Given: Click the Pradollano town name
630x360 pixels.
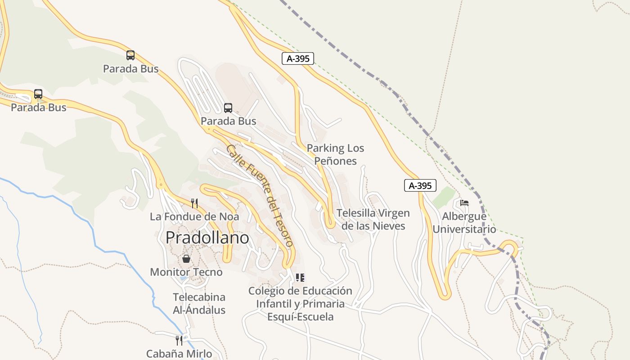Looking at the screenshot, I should point(207,238).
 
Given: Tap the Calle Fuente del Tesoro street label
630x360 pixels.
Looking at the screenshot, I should point(260,196).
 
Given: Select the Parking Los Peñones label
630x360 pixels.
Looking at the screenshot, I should point(335,154).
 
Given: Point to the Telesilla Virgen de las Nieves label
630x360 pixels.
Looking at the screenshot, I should point(373,219).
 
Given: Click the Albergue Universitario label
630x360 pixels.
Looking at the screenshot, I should point(464,223).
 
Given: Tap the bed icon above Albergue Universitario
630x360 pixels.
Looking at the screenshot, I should point(464,203).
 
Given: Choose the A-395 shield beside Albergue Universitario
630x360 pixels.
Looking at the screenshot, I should point(420,185).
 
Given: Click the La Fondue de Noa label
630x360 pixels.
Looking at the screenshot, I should point(194,216).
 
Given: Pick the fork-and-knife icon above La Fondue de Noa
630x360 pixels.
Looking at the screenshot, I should point(194,203).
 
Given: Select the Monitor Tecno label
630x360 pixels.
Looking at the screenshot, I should point(186,272).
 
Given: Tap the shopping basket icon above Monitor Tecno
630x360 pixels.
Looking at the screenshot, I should point(186,259).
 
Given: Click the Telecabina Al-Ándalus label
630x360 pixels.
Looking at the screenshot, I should point(199,304).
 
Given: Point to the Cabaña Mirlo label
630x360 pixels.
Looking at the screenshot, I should point(179,354).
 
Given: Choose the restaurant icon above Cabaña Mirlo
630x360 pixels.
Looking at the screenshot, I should point(179,340).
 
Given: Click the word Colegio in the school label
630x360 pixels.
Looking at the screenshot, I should point(266,291).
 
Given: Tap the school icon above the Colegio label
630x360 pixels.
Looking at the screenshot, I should point(300,278).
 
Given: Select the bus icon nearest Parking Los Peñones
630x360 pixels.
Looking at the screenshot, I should point(228,108).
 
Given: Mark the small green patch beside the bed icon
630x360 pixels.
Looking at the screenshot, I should point(445,197).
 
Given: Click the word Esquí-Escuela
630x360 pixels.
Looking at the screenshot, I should point(300,317).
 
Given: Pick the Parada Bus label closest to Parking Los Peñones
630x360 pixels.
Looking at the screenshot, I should point(228,121).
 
